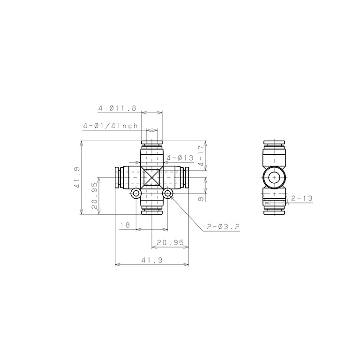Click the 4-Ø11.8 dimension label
[x=117, y=108]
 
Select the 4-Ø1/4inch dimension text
[x=111, y=126]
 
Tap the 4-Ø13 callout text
[x=180, y=158]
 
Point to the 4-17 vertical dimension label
[x=201, y=156]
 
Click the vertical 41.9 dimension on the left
[x=77, y=178]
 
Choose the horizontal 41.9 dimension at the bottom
[x=152, y=260]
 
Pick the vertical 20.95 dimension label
[x=95, y=195]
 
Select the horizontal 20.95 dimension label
[x=170, y=242]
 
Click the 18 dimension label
[x=125, y=225]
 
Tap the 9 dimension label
[x=201, y=199]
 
